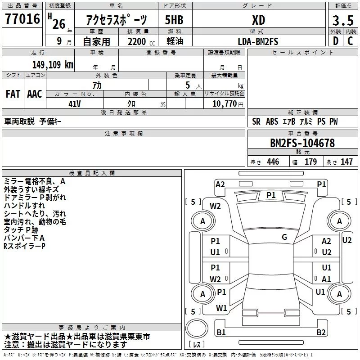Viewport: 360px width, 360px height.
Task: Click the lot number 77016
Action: tap(22, 20)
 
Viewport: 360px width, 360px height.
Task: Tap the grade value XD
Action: tap(258, 20)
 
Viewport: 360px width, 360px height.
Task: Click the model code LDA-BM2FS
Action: tap(258, 41)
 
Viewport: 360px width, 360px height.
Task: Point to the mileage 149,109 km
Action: tap(53, 64)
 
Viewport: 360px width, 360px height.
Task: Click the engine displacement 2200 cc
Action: tap(138, 41)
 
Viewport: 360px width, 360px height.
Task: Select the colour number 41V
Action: tap(74, 103)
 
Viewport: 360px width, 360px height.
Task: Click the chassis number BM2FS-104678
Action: tap(302, 143)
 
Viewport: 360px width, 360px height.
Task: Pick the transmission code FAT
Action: tap(13, 94)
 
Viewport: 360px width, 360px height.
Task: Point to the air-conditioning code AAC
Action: tap(35, 94)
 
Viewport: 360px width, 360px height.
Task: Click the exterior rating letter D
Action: tap(336, 41)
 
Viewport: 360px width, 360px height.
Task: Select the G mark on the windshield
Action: tap(284, 237)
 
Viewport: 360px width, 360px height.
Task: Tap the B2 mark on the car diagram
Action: tap(321, 333)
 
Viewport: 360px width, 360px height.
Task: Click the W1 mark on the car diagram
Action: tap(221, 308)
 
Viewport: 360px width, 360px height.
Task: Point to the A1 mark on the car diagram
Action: tap(326, 279)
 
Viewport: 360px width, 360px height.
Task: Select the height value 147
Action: tap(346, 162)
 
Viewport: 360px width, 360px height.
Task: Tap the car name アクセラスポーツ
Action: tap(117, 20)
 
